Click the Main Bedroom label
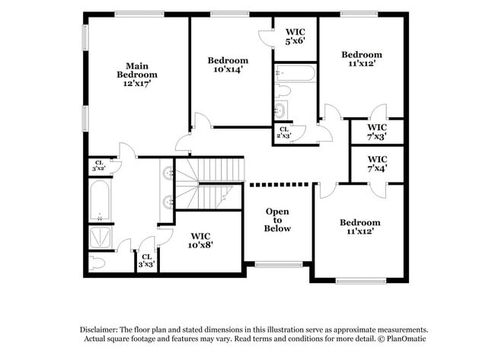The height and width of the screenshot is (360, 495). (137, 70)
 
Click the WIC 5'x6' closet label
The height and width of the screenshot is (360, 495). (295, 36)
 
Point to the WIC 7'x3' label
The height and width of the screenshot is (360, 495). (377, 132)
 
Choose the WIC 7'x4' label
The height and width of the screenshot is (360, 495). (377, 164)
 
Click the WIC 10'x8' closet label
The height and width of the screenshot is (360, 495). (201, 241)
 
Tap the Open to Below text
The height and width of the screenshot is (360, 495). (277, 219)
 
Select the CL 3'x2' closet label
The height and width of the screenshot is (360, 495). (99, 165)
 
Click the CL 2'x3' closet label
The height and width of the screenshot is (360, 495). (284, 132)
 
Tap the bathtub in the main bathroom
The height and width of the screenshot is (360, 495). (101, 199)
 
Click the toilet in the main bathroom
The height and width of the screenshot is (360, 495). (97, 263)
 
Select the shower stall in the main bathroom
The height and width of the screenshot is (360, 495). (101, 237)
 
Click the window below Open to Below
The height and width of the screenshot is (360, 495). (277, 265)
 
